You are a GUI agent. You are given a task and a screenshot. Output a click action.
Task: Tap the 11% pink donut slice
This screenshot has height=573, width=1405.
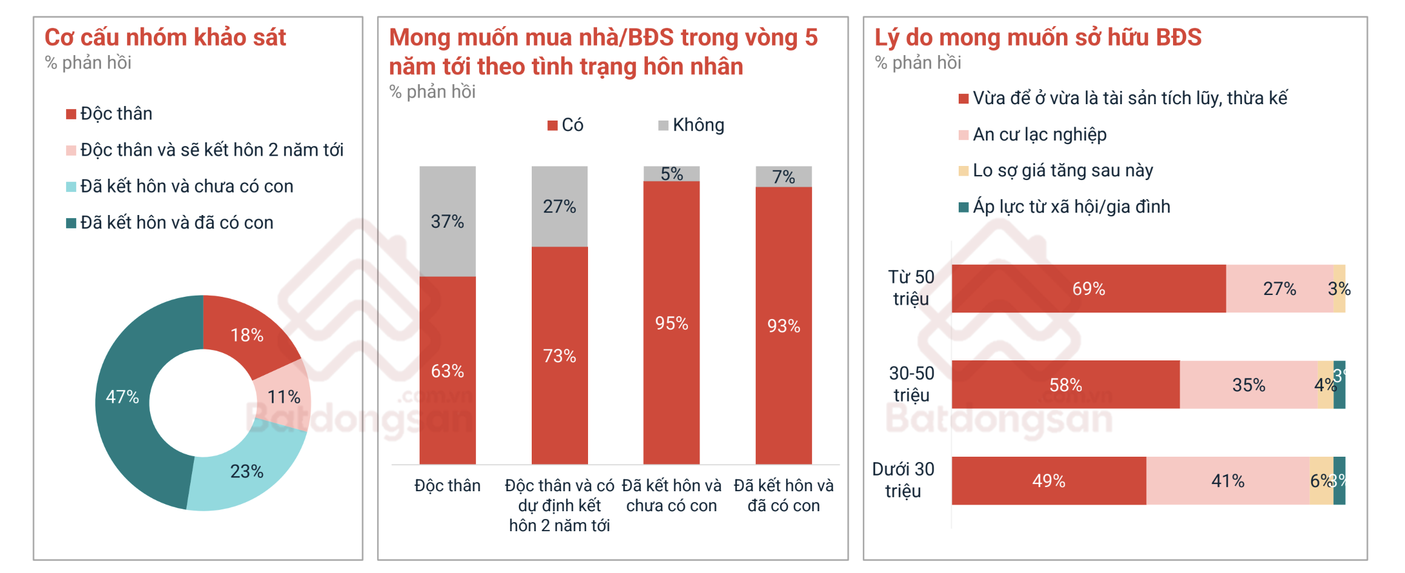(283, 397)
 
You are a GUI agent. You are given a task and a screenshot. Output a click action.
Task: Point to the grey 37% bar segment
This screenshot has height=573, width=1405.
(448, 221)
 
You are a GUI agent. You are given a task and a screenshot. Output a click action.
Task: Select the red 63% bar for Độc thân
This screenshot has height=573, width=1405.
(448, 371)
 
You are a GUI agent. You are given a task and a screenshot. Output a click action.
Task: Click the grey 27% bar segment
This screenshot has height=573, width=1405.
(560, 207)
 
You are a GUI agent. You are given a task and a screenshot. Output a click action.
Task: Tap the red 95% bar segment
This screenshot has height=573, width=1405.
(672, 323)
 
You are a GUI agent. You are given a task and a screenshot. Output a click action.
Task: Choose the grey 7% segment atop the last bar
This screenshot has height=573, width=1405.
(784, 177)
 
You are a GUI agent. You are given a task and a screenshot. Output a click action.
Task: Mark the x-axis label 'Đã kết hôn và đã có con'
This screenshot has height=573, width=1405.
(784, 495)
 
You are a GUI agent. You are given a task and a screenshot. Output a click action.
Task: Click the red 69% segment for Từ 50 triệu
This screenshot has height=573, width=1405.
(1089, 289)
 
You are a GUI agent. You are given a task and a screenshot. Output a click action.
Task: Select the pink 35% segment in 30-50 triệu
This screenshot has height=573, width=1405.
(1249, 385)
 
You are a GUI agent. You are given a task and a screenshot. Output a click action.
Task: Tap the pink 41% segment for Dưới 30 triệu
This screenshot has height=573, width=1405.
(1228, 481)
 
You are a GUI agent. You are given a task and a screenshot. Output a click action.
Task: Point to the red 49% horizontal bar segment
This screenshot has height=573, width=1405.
(1049, 481)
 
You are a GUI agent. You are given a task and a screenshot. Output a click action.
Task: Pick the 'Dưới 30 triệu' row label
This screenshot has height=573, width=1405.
(903, 480)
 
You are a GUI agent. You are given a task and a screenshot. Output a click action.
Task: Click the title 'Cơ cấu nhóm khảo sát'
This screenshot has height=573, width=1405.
(165, 38)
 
